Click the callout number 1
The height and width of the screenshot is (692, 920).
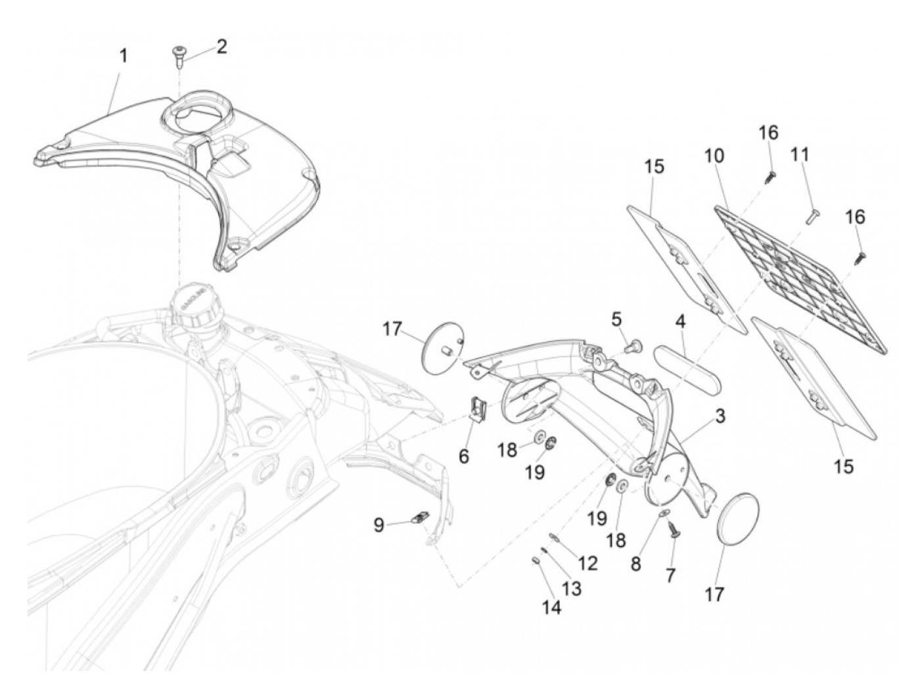pos(123,56)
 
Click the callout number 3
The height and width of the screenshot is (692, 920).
pos(720,416)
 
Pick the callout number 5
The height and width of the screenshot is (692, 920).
pos(616,320)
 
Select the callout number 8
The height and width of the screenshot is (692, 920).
pos(635,564)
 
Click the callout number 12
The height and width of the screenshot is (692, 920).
pos(587,563)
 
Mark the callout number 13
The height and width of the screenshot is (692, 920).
pos(571,587)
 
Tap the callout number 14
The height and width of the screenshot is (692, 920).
pos(552,608)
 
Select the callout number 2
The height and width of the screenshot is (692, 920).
pos(221,47)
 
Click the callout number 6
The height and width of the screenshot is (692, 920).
pos(464,456)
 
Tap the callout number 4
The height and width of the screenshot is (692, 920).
pos(681,322)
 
